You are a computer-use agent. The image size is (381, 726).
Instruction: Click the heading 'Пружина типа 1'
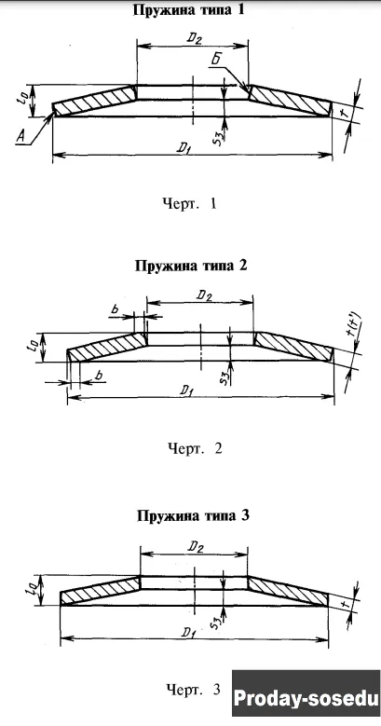(x=188, y=10)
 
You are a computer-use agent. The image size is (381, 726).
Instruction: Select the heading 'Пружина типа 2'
(x=191, y=267)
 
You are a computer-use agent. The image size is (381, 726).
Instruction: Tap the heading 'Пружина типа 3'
(x=193, y=515)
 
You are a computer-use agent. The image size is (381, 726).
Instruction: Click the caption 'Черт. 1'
(x=189, y=204)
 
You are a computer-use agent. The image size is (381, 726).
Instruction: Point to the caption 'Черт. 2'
(x=195, y=448)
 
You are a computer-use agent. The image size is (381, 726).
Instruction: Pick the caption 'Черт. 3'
(x=194, y=690)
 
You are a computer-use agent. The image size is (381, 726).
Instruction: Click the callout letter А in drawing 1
(x=20, y=136)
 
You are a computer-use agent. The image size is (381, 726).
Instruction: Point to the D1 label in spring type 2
(x=187, y=390)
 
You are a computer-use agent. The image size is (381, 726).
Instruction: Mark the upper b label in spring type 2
(x=116, y=309)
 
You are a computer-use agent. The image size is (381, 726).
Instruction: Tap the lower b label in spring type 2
(x=98, y=376)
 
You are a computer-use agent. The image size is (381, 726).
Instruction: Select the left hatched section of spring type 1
(x=94, y=101)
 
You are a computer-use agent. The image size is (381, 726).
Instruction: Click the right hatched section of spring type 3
(x=288, y=591)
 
